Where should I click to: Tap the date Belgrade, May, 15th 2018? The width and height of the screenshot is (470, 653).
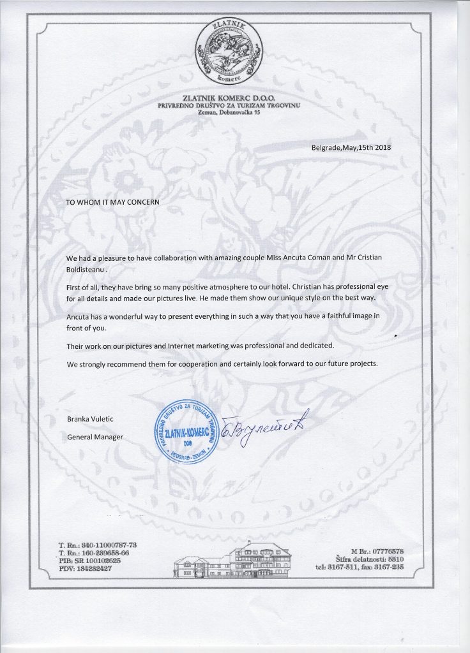point(351,148)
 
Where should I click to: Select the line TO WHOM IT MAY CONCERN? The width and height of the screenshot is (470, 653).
point(112,200)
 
